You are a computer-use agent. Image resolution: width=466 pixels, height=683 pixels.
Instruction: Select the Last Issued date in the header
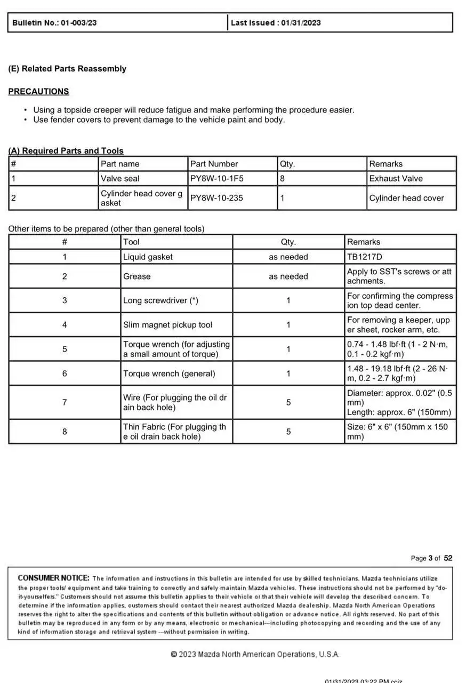pyautogui.click(x=276, y=23)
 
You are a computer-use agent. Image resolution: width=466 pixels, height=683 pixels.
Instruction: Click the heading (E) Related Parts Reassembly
pyautogui.click(x=67, y=69)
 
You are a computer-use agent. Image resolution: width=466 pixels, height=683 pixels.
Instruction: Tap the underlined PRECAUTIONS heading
pyautogui.click(x=38, y=92)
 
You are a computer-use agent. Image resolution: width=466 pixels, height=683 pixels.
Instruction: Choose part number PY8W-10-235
pyautogui.click(x=216, y=198)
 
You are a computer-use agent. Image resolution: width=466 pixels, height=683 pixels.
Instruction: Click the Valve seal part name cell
pyautogui.click(x=120, y=179)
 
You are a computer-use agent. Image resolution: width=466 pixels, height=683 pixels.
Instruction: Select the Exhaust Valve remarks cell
pyautogui.click(x=396, y=179)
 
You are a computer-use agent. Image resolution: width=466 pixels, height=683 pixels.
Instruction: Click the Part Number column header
pyautogui.click(x=214, y=164)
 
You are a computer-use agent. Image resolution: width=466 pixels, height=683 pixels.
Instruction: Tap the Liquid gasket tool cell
pyautogui.click(x=148, y=257)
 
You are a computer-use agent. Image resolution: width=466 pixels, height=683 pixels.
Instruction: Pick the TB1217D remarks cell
pyautogui.click(x=365, y=257)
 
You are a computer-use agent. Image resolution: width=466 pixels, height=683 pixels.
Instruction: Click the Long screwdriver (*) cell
pyautogui.click(x=160, y=300)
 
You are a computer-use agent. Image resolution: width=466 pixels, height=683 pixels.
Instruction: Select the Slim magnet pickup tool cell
pyautogui.click(x=167, y=324)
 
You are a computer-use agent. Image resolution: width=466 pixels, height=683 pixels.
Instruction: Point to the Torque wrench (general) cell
pyautogui.click(x=169, y=374)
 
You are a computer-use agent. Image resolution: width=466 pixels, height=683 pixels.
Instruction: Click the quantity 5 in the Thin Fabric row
pyautogui.click(x=288, y=431)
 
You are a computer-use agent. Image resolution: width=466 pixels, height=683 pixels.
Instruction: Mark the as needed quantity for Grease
pyautogui.click(x=288, y=276)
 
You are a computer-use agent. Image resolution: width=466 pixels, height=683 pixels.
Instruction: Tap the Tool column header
pyautogui.click(x=131, y=242)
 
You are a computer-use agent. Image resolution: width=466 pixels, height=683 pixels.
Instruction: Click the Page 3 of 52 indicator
pyautogui.click(x=431, y=558)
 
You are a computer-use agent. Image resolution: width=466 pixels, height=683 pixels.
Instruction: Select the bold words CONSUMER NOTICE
pyautogui.click(x=53, y=578)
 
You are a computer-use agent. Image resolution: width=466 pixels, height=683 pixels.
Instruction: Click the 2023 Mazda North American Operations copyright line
pyautogui.click(x=255, y=654)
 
